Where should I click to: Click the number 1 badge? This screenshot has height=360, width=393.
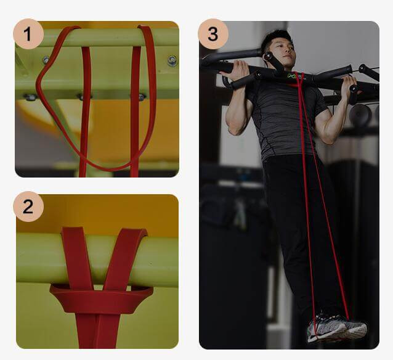(x=28, y=34)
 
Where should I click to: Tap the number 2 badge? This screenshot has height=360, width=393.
(x=28, y=207)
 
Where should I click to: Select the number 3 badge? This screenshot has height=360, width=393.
(x=213, y=34)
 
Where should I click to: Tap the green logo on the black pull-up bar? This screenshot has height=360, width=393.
(x=292, y=75)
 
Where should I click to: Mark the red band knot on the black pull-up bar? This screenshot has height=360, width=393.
(x=299, y=80)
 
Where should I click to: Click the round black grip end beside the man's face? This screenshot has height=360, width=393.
(x=268, y=57)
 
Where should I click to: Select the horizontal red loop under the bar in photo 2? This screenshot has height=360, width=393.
(x=102, y=298)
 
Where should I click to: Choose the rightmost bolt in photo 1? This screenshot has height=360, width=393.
(x=172, y=60)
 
